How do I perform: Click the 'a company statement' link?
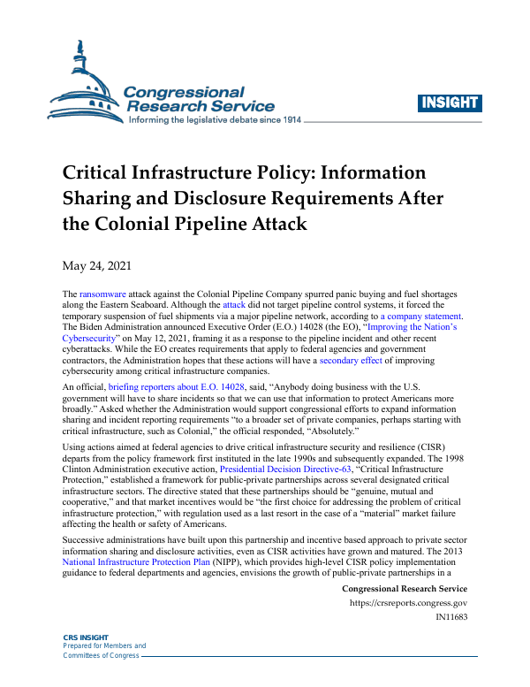[420, 316]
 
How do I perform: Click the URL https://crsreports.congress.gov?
[410, 603]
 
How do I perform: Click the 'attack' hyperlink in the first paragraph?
[234, 304]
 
